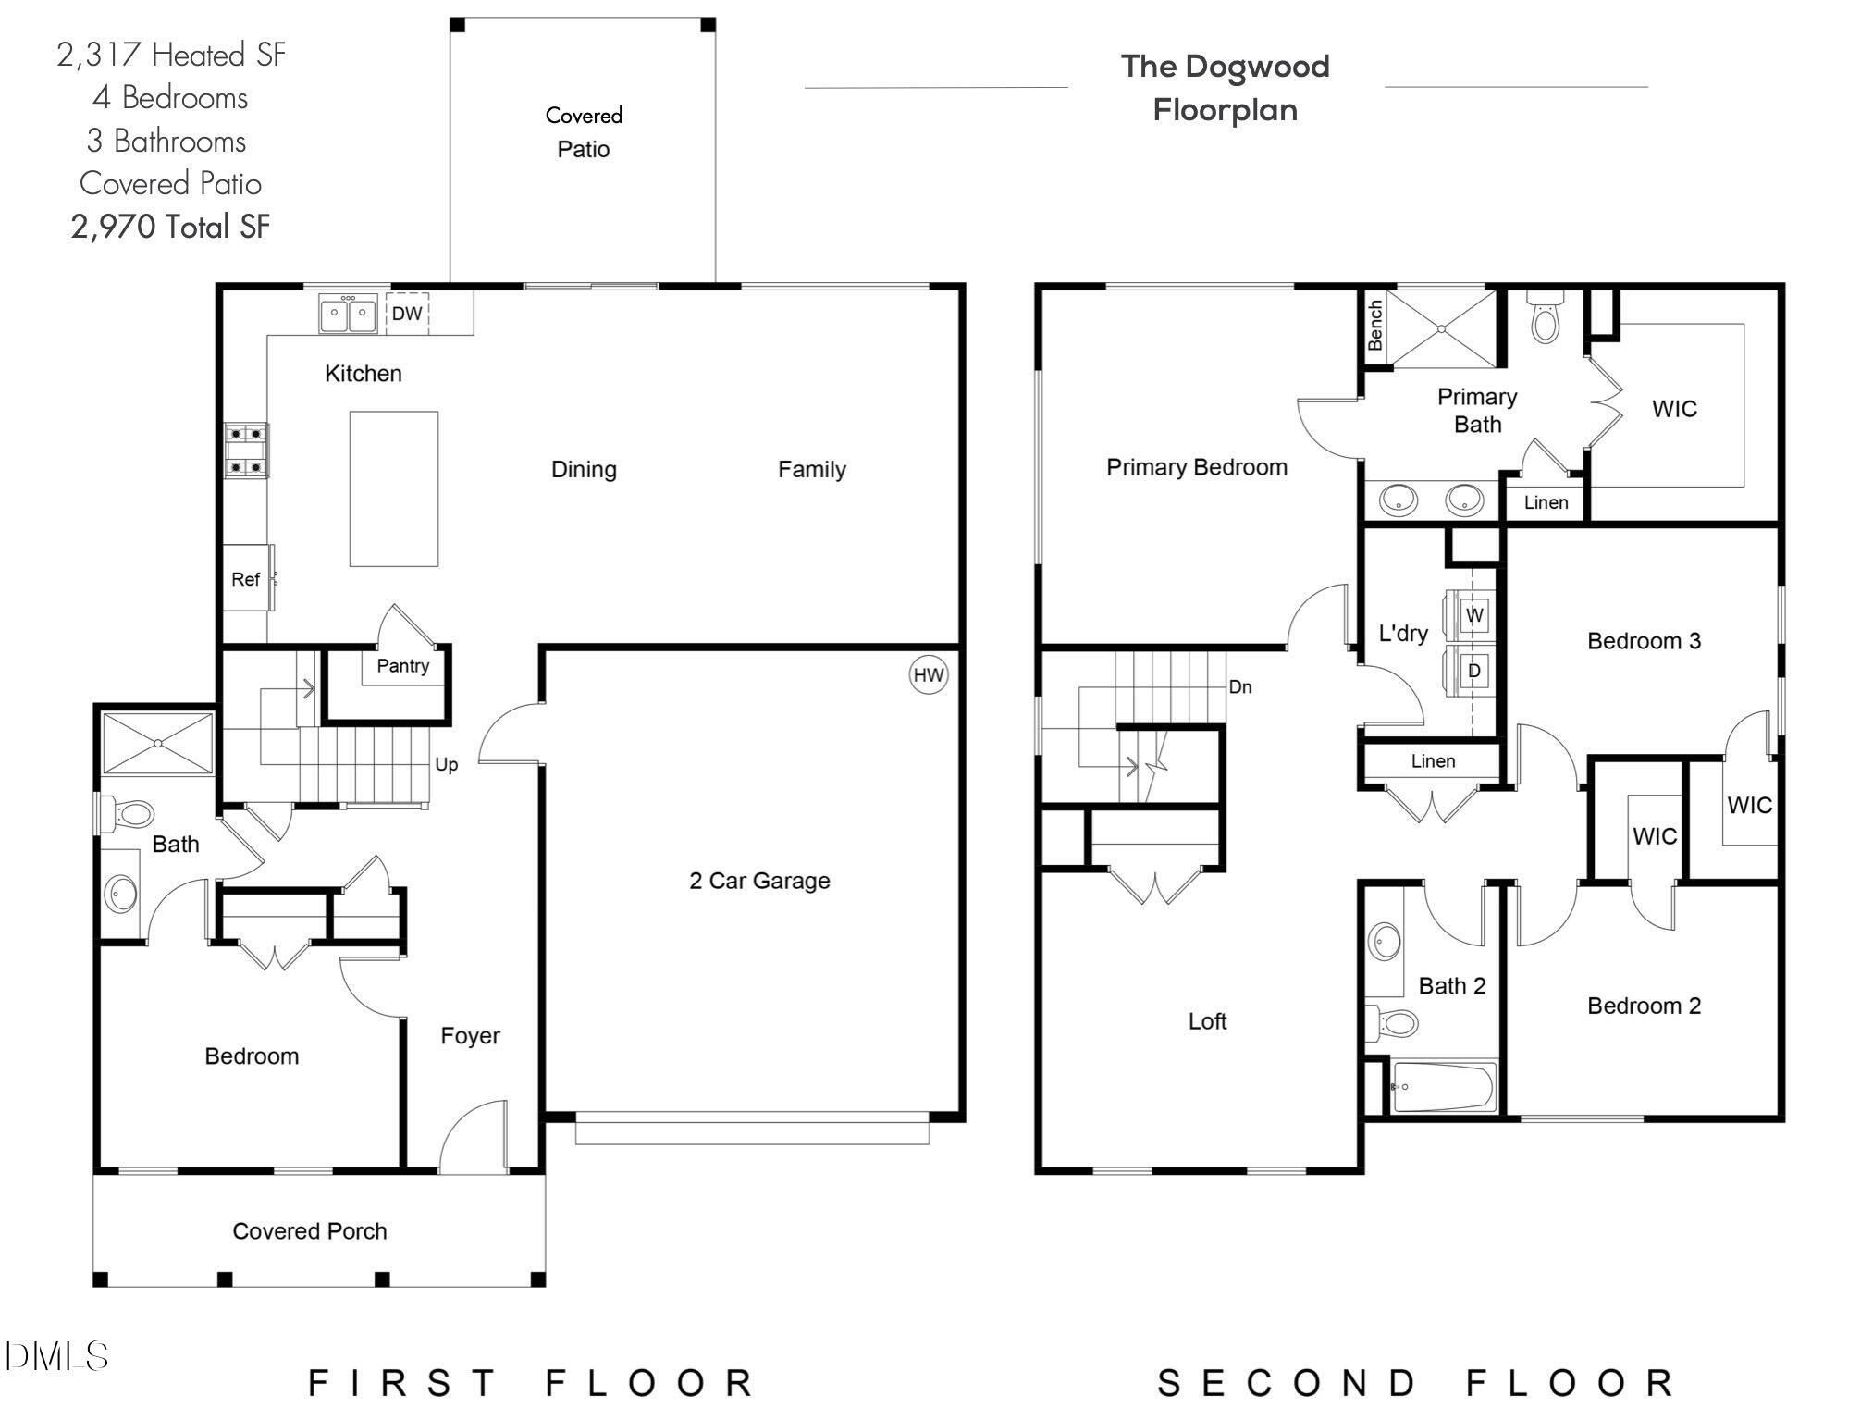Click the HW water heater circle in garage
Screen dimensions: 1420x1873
(928, 675)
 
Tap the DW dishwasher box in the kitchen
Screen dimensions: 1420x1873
(407, 314)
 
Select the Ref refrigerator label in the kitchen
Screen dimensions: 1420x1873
(245, 579)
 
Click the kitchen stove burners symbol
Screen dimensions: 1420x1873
(247, 451)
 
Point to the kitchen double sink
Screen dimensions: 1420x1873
(349, 314)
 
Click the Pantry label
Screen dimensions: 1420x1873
(402, 666)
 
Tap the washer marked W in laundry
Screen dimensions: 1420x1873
(1474, 615)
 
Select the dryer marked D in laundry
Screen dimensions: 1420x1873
(1474, 671)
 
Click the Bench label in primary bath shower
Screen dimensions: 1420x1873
(1375, 325)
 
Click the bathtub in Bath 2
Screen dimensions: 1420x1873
(1443, 1087)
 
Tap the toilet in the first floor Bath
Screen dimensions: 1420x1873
(128, 815)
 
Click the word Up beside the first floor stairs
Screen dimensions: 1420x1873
(446, 764)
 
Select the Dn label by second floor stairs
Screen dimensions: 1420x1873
(1240, 687)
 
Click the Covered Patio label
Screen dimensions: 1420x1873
(584, 132)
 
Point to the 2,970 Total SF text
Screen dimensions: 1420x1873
(171, 227)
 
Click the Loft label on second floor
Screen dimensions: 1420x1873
(1207, 1021)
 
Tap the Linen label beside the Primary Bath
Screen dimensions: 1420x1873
(1546, 502)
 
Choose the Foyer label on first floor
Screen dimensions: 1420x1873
(470, 1036)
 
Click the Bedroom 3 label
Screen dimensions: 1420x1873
(1644, 641)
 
